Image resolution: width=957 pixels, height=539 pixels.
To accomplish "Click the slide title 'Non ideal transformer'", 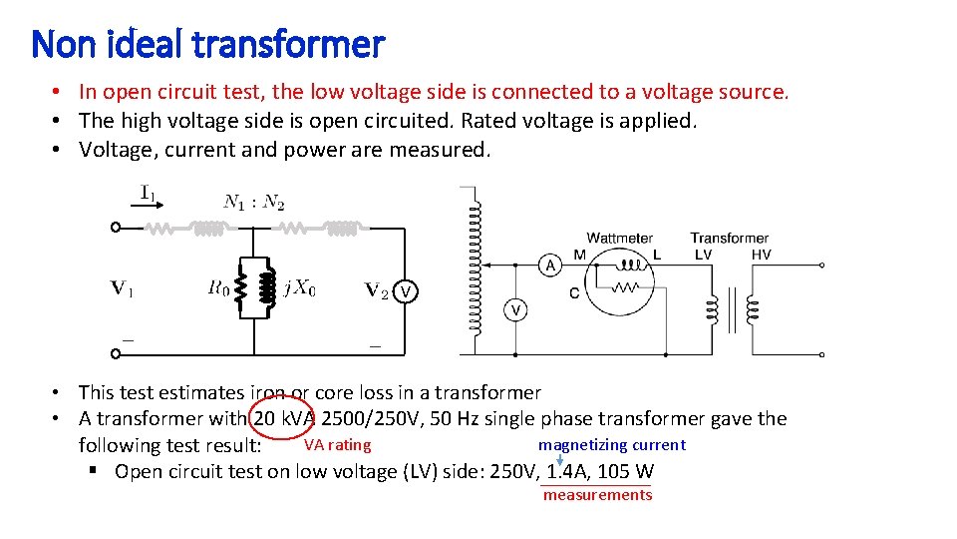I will point(207,44).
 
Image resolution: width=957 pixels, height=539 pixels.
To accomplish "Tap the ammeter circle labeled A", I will point(549,265).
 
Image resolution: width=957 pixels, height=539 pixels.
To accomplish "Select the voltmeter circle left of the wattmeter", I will point(516,310).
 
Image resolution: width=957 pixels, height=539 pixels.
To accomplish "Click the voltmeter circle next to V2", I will point(406,291).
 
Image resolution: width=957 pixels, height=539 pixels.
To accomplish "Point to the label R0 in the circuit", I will point(219,288).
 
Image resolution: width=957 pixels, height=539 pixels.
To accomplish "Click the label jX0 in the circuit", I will point(299,288).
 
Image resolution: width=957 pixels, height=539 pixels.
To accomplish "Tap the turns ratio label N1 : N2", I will point(254,203).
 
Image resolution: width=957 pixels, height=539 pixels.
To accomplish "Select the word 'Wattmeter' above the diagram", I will point(620,239).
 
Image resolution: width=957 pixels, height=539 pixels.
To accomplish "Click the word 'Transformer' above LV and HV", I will point(730,239).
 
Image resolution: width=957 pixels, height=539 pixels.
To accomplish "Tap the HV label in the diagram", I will point(761,255).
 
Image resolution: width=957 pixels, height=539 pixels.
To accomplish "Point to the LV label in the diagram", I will point(703,255).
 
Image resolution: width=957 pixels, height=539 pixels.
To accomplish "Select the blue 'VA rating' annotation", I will point(337,445).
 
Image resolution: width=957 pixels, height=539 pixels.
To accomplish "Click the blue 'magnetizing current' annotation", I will point(611,445).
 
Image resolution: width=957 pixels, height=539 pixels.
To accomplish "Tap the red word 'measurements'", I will point(597,495).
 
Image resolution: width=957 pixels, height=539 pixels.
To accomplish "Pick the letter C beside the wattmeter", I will point(574,292).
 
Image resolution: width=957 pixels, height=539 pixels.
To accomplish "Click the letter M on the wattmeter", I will point(579,255).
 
